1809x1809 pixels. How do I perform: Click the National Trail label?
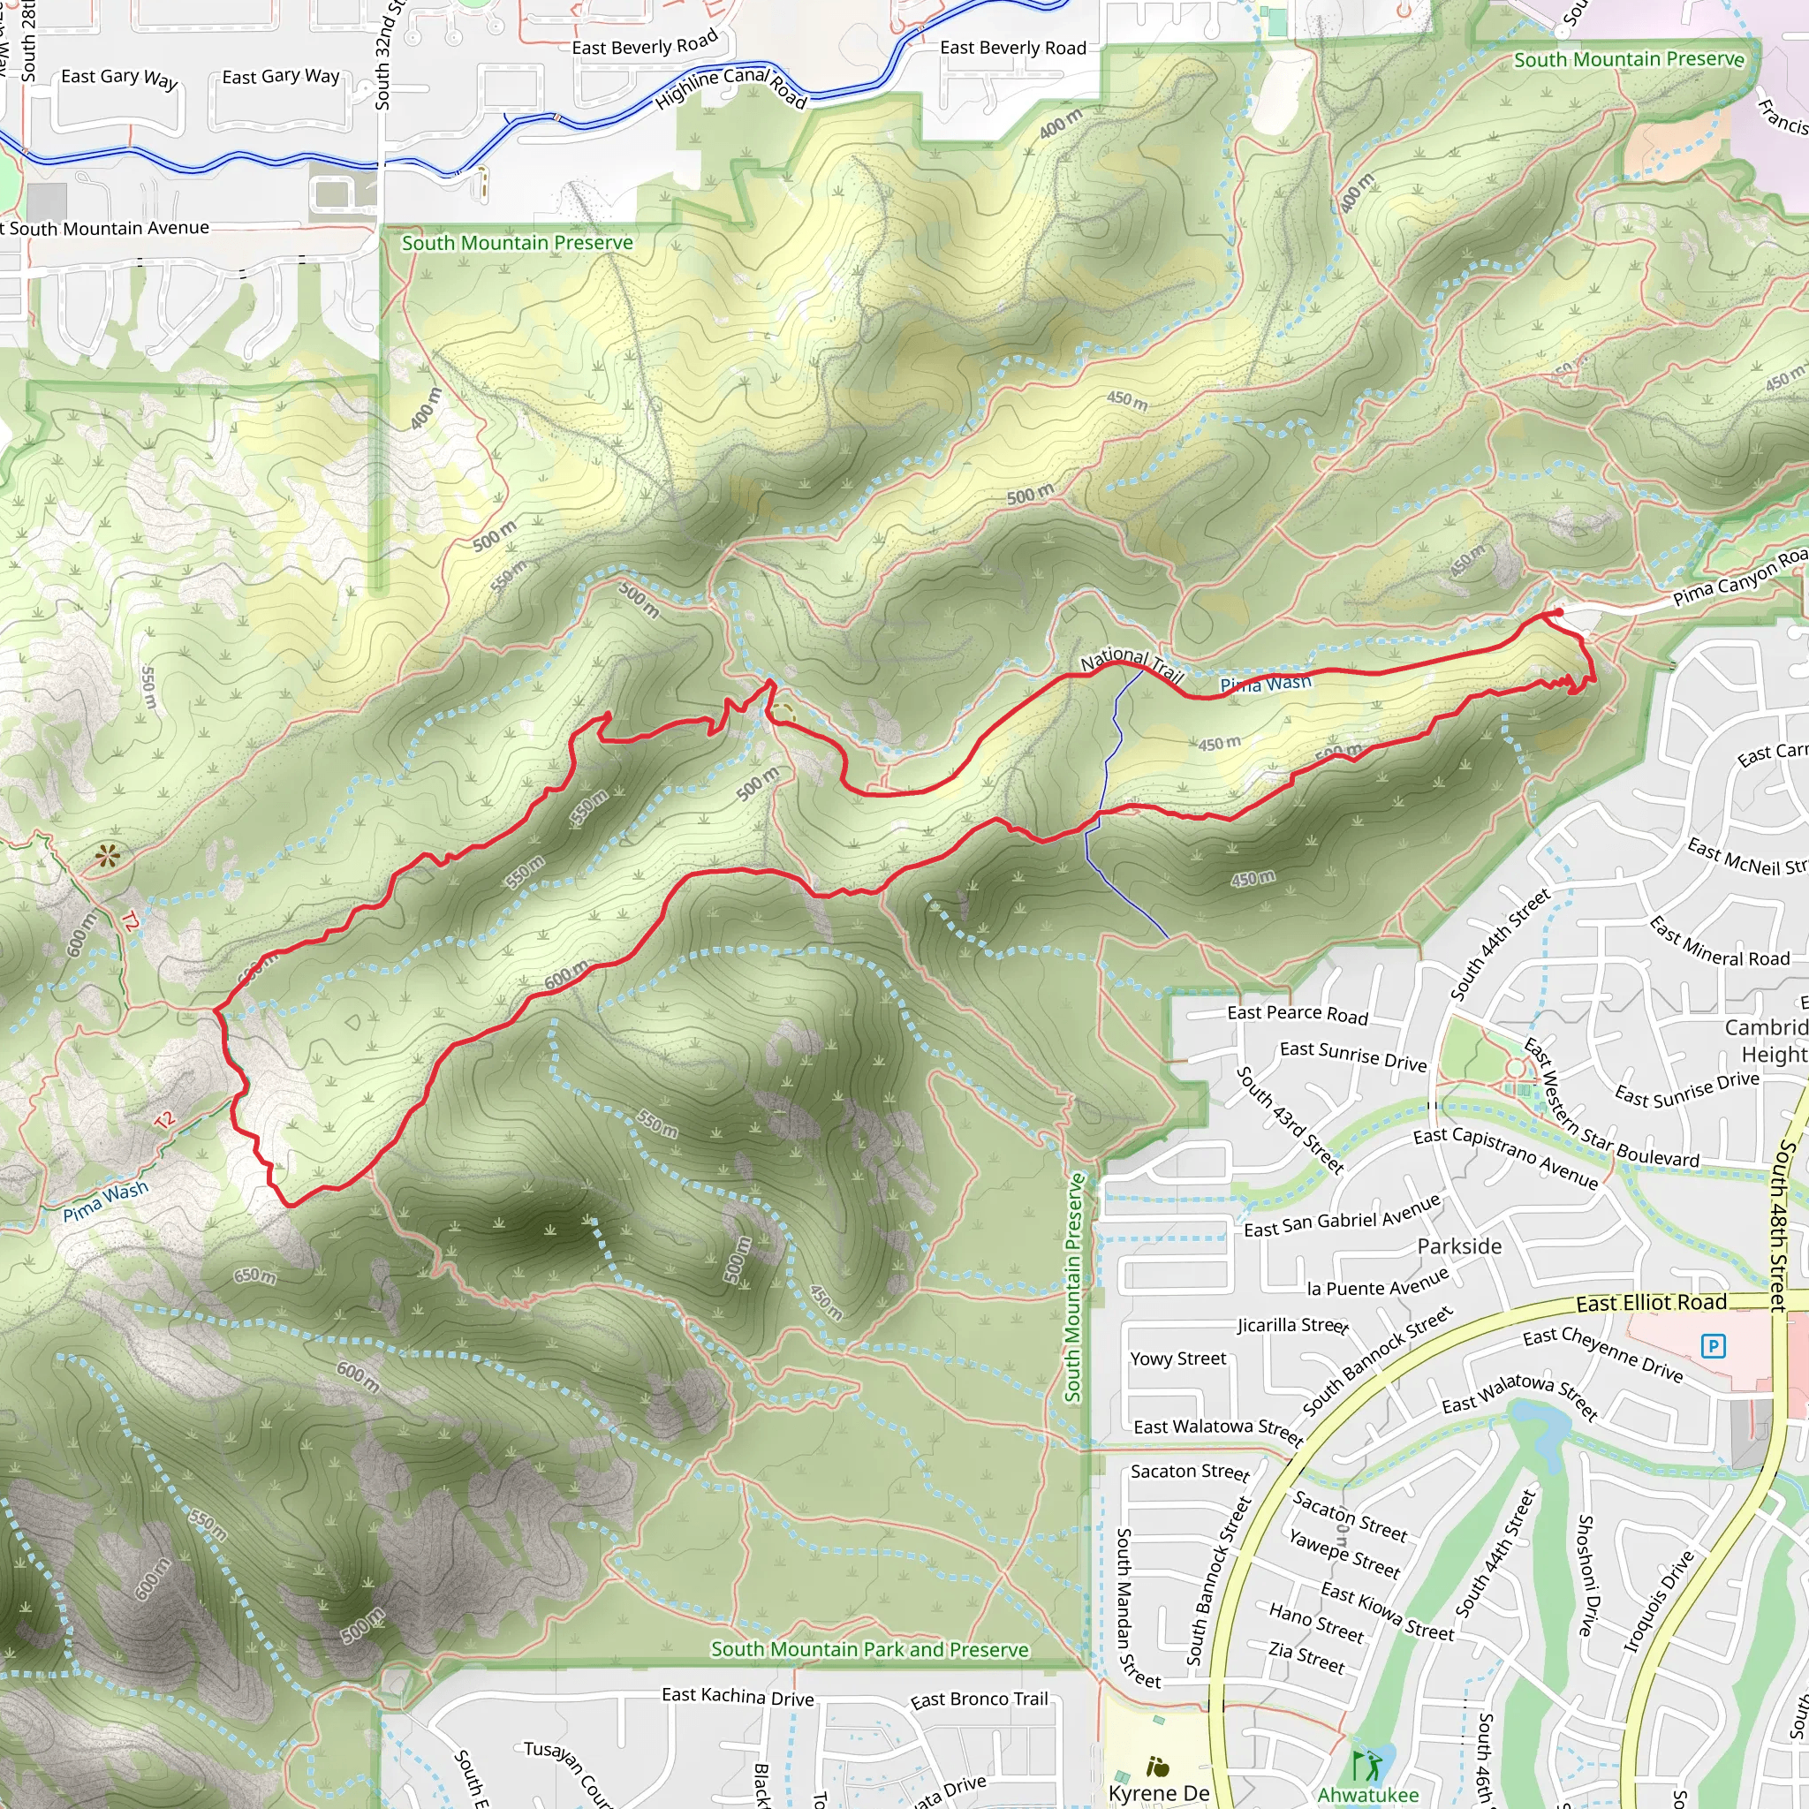(x=1132, y=663)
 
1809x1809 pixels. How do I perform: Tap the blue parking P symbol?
(x=1713, y=1346)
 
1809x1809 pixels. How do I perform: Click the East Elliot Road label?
(x=1651, y=1304)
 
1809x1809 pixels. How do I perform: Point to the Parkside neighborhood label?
(x=1459, y=1246)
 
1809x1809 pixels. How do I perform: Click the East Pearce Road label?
(x=1297, y=1014)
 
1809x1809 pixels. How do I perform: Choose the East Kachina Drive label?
(x=737, y=1696)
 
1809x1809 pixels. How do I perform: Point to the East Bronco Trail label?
(x=979, y=1699)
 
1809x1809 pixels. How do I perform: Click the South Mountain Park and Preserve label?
(x=869, y=1649)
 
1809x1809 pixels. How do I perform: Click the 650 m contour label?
(x=254, y=1276)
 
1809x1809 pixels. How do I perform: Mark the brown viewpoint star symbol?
(x=108, y=855)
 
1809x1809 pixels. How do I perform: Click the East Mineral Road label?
(x=1719, y=942)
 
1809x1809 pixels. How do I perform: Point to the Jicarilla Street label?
(x=1292, y=1326)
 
